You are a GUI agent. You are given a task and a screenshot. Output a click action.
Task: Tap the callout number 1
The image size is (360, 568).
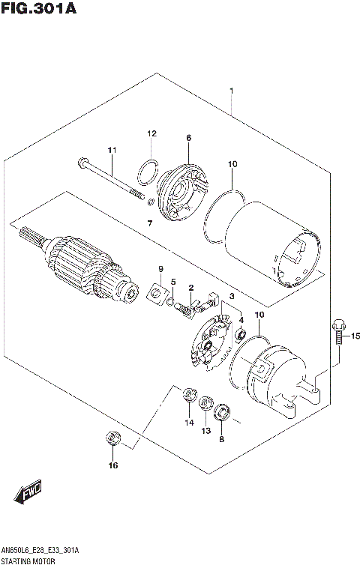click(231, 91)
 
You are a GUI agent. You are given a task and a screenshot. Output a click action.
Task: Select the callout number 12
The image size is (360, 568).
click(151, 133)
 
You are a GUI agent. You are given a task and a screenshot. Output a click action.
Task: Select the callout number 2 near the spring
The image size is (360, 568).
click(191, 287)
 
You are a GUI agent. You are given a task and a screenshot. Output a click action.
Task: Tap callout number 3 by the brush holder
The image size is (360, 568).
click(232, 297)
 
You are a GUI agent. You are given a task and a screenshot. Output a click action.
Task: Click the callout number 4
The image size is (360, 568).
click(241, 320)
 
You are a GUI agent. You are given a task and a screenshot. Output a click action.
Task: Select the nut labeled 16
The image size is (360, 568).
click(112, 438)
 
